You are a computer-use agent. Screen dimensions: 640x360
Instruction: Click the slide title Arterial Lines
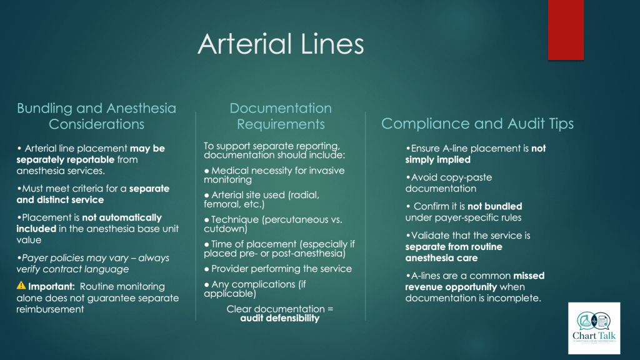(x=281, y=44)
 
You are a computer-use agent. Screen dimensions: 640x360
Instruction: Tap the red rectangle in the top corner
(x=566, y=30)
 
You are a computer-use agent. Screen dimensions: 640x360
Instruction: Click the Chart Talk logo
(x=594, y=328)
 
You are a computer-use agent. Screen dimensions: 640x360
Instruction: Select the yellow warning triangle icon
(x=21, y=285)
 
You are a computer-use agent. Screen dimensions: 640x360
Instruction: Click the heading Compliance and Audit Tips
(x=477, y=124)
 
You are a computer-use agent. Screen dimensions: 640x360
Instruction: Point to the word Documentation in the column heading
(x=281, y=108)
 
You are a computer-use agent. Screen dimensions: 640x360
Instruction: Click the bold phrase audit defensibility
(x=279, y=318)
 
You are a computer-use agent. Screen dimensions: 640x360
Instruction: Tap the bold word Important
(x=51, y=286)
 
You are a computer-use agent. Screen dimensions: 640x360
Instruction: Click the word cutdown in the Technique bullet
(x=225, y=229)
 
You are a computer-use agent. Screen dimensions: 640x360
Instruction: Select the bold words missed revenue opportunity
(x=475, y=281)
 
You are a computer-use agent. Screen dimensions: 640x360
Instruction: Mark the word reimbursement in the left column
(x=50, y=309)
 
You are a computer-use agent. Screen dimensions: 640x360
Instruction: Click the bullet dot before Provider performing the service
(x=206, y=269)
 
